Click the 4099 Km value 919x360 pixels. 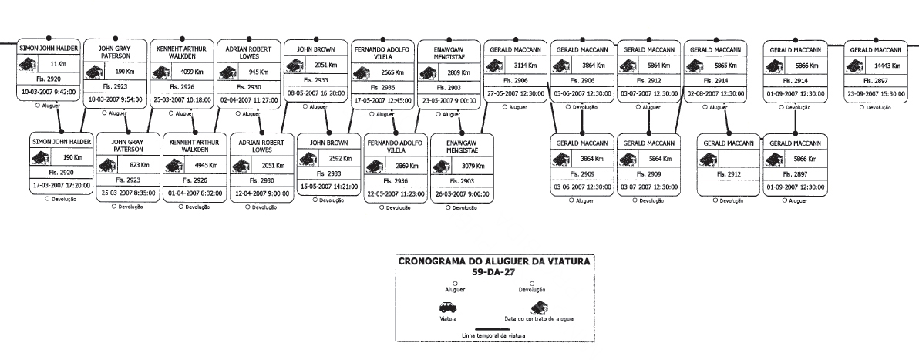coord(186,71)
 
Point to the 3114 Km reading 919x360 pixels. coord(523,64)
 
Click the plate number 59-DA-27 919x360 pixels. coord(494,272)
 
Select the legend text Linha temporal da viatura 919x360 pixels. coord(493,335)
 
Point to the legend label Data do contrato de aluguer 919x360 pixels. coord(540,318)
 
